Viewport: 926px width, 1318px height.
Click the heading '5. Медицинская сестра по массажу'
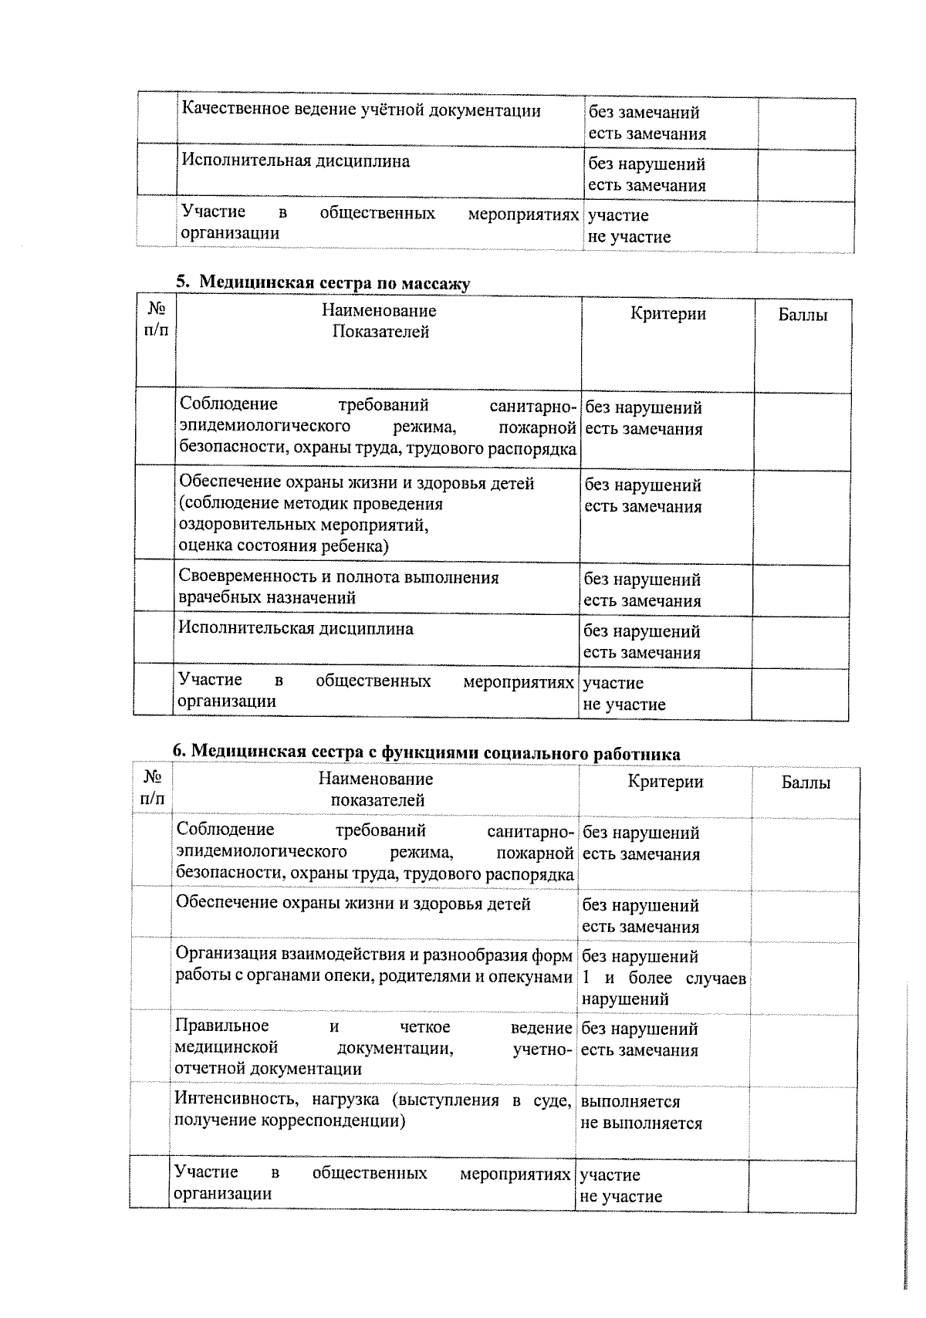point(323,283)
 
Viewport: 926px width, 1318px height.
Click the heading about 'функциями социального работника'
point(427,753)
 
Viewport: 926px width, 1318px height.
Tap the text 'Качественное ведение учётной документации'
point(360,110)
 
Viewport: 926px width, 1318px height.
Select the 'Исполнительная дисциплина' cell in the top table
point(296,161)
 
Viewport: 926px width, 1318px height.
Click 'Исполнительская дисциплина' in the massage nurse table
point(296,628)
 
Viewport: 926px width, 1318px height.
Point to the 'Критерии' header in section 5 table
point(667,313)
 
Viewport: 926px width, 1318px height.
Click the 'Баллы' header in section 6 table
point(806,782)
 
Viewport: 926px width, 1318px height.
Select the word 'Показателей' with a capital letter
point(380,333)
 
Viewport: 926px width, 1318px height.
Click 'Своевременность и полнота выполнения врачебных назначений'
point(338,587)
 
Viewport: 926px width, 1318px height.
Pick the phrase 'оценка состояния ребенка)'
point(283,546)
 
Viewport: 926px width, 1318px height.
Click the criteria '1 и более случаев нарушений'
point(663,988)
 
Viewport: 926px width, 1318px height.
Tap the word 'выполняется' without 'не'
point(630,1102)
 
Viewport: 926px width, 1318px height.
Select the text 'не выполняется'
point(641,1124)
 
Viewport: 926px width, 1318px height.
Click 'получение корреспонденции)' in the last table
point(289,1120)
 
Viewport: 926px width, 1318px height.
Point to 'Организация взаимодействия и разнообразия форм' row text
point(373,955)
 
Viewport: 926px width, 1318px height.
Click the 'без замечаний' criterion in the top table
point(644,113)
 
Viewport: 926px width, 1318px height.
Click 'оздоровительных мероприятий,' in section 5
point(303,526)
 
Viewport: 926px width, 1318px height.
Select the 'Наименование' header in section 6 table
point(376,779)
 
